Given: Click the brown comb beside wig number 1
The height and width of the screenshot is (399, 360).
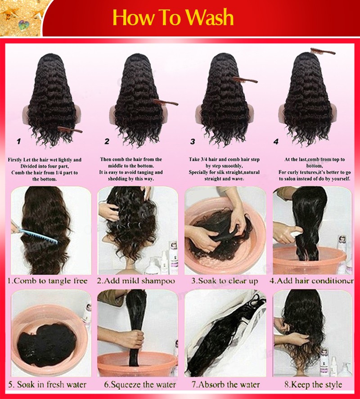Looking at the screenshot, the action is click(x=70, y=130).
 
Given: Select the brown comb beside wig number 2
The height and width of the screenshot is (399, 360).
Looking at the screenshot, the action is click(x=165, y=103).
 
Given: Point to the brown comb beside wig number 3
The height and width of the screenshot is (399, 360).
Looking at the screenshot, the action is click(x=245, y=80).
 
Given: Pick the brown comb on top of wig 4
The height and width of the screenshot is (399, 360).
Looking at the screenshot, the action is click(x=323, y=51).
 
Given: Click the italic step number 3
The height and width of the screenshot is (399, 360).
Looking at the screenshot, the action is click(x=193, y=142).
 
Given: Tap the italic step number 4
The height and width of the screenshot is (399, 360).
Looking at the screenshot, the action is click(x=276, y=142).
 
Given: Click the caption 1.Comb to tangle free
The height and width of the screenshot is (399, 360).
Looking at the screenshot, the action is click(x=47, y=281).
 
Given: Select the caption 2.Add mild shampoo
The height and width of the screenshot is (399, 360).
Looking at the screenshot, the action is click(x=136, y=281).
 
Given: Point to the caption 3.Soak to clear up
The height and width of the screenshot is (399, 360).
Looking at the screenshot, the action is click(x=225, y=281).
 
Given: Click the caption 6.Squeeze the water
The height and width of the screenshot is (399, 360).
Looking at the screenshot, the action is click(x=140, y=385).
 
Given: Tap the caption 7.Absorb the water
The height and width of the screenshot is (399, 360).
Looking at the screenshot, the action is click(x=225, y=385).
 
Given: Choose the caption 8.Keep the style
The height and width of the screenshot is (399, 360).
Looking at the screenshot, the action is click(x=313, y=385).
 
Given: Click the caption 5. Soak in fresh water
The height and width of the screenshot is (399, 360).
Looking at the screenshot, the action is click(x=47, y=385).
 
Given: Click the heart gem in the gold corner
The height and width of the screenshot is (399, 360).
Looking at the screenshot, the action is click(x=24, y=25).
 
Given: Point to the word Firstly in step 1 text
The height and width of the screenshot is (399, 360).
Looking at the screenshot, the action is click(x=15, y=160).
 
